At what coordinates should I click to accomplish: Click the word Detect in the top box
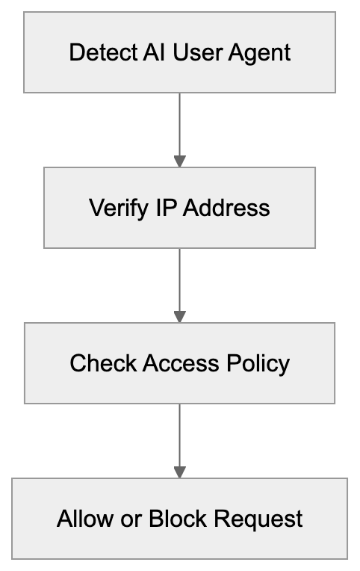pos(95,53)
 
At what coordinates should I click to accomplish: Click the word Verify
pos(115,208)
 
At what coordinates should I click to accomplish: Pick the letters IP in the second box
pos(166,208)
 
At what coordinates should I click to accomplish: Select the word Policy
pos(258,363)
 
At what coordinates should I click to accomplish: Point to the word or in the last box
pos(128,519)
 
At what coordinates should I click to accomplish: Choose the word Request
pos(259,519)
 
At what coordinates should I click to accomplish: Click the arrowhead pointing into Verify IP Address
pos(179,161)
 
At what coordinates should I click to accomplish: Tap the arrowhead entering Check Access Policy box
pos(179,316)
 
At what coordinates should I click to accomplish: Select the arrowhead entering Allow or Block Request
pos(179,472)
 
